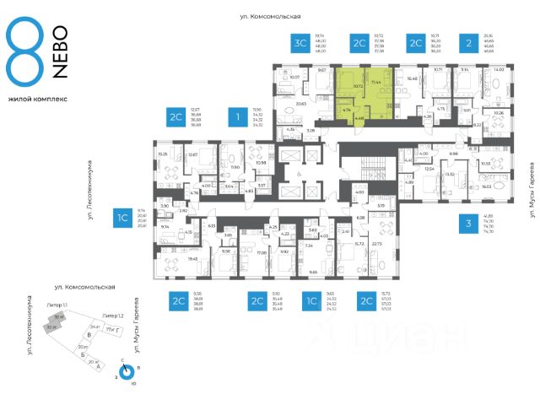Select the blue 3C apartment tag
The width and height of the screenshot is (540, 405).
[x=299, y=43]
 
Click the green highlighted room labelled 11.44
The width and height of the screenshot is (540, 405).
[x=376, y=85]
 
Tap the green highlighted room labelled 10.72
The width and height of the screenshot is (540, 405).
[x=357, y=86]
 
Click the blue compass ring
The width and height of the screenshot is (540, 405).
[x=126, y=373]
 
